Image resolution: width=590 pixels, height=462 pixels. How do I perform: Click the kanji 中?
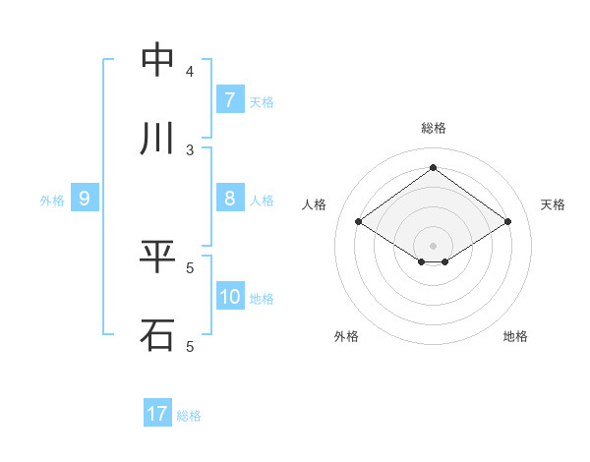[158, 61]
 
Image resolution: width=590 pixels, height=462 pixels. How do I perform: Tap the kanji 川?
[158, 139]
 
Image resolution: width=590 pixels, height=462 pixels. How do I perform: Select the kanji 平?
[158, 257]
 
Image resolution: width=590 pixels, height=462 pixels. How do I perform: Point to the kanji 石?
[158, 334]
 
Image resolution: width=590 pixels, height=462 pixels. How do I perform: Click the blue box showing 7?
[229, 100]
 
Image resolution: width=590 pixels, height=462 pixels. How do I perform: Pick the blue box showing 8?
[229, 199]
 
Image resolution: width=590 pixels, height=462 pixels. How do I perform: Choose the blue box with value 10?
[229, 296]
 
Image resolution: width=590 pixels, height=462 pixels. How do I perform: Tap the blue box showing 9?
[85, 199]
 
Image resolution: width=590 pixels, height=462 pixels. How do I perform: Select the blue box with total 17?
[157, 414]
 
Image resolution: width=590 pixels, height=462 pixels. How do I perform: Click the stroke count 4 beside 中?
[190, 72]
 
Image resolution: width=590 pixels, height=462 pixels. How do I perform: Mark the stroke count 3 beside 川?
[190, 149]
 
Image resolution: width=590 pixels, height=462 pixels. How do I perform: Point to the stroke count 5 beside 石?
[190, 346]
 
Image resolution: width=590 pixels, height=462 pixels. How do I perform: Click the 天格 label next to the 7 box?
[262, 101]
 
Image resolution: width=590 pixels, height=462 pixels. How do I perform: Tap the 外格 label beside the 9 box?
[52, 200]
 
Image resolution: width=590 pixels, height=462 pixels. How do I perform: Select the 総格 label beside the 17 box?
[189, 415]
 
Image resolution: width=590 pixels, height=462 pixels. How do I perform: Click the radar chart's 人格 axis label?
[315, 204]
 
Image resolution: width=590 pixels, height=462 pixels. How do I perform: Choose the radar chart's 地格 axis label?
[515, 336]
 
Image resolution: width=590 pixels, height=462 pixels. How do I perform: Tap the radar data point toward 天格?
[507, 222]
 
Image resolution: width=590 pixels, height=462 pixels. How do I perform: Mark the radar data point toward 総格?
[433, 168]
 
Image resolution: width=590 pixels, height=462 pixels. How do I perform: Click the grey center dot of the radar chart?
[433, 245]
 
